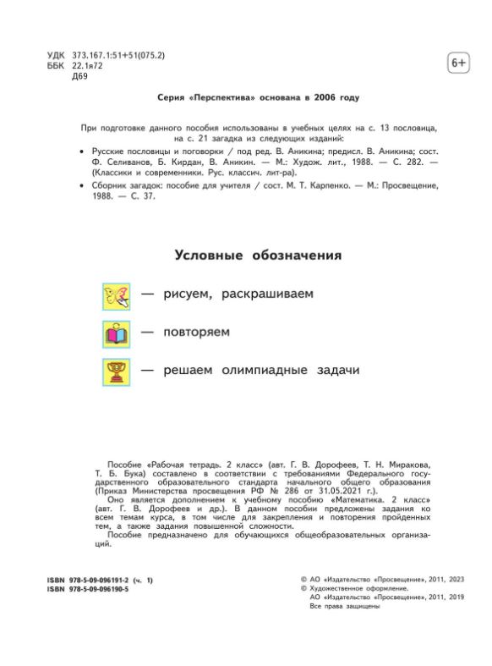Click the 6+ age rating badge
456,63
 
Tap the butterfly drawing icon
116,295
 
